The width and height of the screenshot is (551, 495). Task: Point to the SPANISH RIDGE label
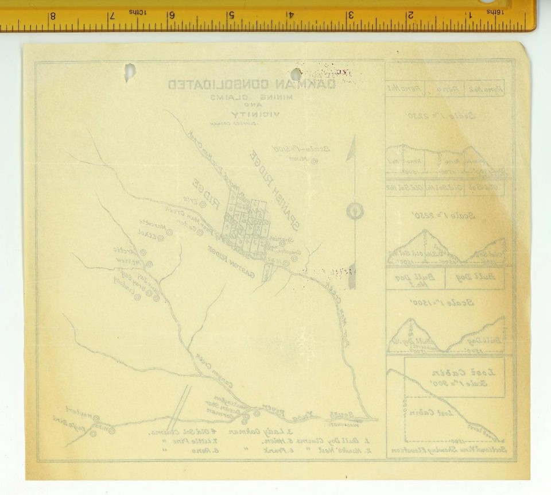280,192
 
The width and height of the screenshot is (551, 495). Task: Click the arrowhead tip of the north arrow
354,138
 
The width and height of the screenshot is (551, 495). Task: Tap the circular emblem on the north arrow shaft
355,211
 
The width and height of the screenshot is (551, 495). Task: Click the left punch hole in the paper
130,72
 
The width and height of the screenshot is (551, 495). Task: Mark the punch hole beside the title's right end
296,75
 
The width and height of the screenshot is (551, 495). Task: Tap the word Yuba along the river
300,413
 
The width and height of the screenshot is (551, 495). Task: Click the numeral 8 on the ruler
52,16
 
